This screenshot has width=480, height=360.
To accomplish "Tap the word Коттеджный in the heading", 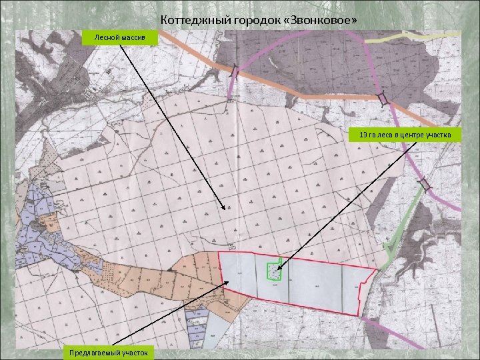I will tap(189, 21).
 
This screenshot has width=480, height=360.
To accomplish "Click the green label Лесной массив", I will tap(120, 37).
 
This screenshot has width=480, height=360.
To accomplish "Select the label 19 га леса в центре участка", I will tap(405, 135).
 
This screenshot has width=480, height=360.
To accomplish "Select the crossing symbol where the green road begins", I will tap(425, 183).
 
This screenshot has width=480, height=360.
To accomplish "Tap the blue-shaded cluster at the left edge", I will tap(30, 227).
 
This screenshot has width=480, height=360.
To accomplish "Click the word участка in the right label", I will tap(437, 135).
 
